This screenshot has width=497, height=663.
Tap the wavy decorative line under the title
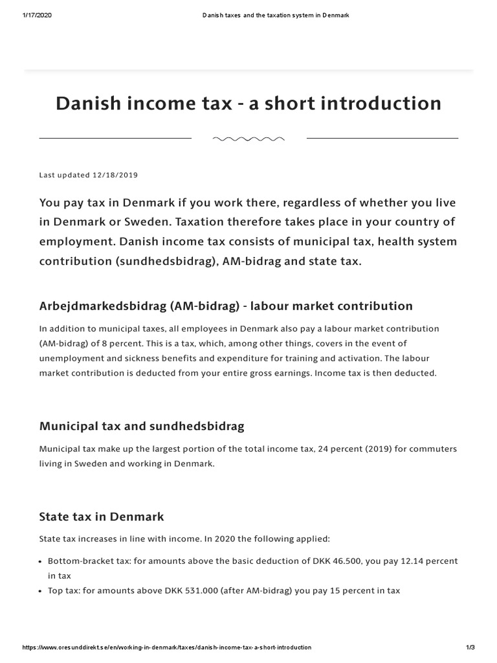click(248, 139)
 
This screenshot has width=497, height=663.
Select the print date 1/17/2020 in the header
click(37, 15)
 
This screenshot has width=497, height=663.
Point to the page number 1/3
click(470, 647)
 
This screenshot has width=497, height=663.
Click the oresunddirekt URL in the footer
click(167, 647)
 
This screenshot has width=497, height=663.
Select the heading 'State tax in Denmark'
click(102, 517)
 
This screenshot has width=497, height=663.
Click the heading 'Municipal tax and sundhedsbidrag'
click(142, 426)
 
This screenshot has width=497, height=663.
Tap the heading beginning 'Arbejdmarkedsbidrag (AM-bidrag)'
click(226, 306)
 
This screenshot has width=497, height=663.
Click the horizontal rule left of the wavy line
click(115, 138)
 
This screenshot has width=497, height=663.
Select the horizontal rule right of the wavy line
click(382, 138)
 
